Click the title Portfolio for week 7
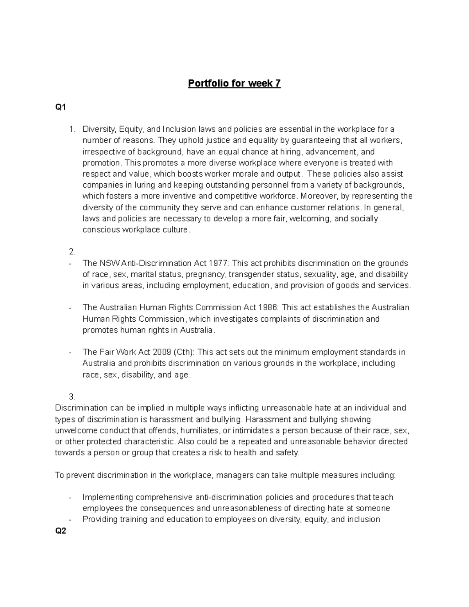coord(234,84)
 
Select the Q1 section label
coord(61,107)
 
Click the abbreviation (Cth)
coord(184,352)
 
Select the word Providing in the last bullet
coord(100,519)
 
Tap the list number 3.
coord(72,397)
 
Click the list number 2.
coord(72,252)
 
